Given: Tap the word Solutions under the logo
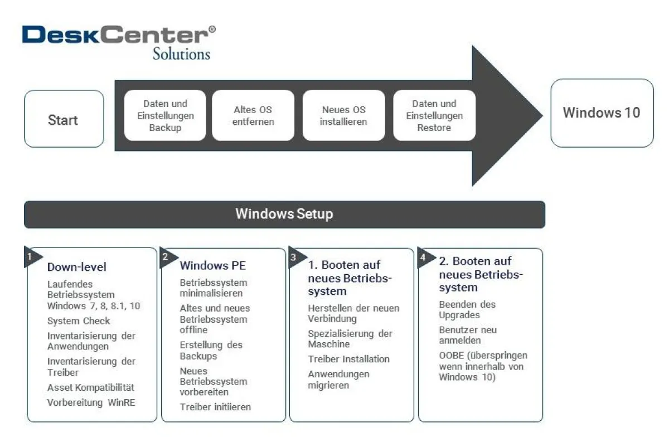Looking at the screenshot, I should point(181,54).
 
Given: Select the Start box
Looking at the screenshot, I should point(64,119).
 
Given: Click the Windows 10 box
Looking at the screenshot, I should point(602,113).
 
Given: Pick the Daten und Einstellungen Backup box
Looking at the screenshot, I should point(165,115).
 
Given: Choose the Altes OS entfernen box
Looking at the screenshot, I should point(253,115).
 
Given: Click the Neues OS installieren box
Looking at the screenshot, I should point(343,115).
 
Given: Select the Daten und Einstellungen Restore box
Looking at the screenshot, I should point(434,115).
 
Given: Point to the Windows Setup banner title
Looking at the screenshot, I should point(284,214).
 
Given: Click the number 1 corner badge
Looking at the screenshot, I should point(30,256).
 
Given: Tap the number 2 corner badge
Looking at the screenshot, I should point(166,257).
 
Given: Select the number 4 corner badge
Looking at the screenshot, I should point(423,257).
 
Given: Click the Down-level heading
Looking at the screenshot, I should point(76,267).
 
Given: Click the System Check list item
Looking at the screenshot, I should point(79,321).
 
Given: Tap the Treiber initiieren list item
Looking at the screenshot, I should point(215,407).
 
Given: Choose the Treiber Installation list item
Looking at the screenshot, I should point(348,359).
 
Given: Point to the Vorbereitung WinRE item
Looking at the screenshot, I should point(91,402).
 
